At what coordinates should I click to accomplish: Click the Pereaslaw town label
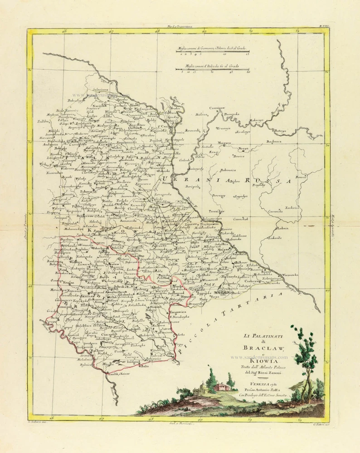click(x=217, y=211)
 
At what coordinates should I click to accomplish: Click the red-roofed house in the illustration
click(x=221, y=386)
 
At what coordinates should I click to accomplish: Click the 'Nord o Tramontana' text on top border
click(x=179, y=27)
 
